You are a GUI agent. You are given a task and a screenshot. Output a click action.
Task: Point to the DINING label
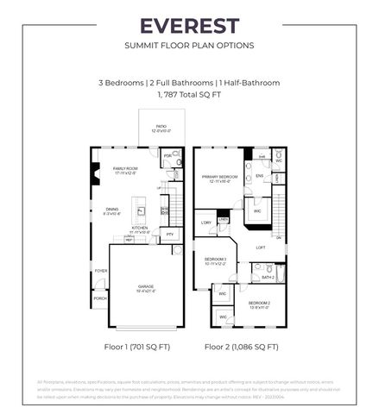[x=112, y=210]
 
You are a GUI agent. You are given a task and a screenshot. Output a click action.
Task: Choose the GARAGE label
[x=146, y=287]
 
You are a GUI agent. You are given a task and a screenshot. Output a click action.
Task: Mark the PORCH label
[x=100, y=298]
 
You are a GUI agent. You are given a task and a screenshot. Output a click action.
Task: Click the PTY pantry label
[x=169, y=235]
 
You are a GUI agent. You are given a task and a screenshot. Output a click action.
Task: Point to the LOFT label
[x=260, y=248]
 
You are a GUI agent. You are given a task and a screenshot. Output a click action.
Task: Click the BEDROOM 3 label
[x=215, y=260]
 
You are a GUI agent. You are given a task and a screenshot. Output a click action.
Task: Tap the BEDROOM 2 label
[x=259, y=304]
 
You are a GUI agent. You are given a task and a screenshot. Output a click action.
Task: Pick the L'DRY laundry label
[x=205, y=223]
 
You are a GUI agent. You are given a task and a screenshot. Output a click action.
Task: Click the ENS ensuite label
[x=259, y=176]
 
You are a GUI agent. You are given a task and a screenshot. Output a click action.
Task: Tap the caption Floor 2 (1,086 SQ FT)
[x=241, y=347]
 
